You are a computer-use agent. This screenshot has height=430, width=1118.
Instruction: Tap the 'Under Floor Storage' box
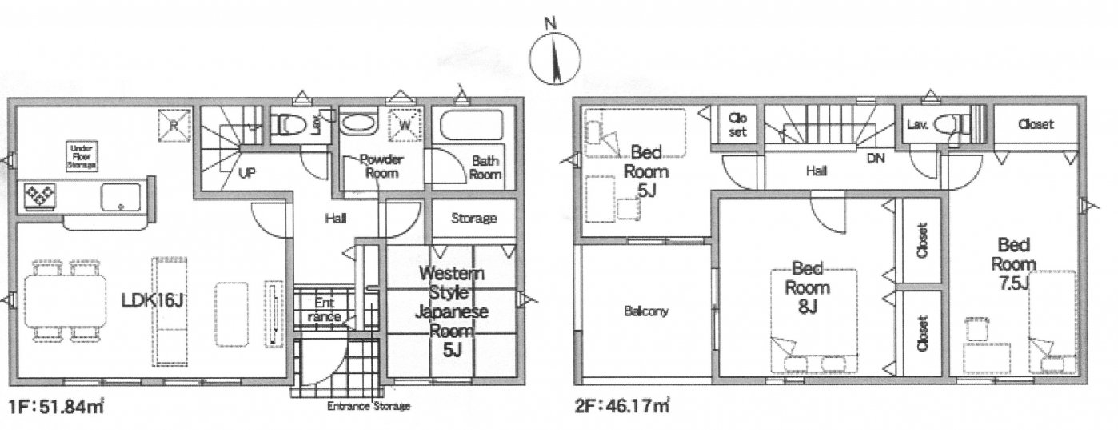[x=82, y=156]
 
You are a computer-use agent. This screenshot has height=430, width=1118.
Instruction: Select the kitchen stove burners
[x=39, y=196]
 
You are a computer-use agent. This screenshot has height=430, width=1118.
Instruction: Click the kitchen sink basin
[x=120, y=197]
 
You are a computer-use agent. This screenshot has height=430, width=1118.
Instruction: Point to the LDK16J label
[x=153, y=300]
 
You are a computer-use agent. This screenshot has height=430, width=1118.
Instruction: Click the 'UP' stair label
[x=247, y=174]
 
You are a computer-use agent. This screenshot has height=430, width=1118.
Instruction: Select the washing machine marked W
[x=405, y=123]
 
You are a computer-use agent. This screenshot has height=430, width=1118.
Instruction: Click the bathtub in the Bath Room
[x=471, y=126]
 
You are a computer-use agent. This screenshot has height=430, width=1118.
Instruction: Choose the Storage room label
[x=473, y=219]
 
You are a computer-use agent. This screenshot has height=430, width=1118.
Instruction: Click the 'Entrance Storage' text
[x=369, y=406]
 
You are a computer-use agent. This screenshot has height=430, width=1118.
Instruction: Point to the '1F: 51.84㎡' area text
[x=56, y=406]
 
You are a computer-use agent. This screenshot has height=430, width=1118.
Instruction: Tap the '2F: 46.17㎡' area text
[x=622, y=406]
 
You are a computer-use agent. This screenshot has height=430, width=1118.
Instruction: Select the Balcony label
[x=646, y=311]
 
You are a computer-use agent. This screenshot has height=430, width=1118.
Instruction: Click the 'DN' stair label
[x=876, y=159]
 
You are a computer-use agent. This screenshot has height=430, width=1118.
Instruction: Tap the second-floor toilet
[x=948, y=124]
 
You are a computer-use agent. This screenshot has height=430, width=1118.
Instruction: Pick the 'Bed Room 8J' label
[x=807, y=287]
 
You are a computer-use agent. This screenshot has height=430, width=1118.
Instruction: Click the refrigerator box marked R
[x=174, y=124]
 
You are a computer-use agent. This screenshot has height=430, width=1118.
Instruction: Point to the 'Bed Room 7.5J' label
[x=1014, y=264]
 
